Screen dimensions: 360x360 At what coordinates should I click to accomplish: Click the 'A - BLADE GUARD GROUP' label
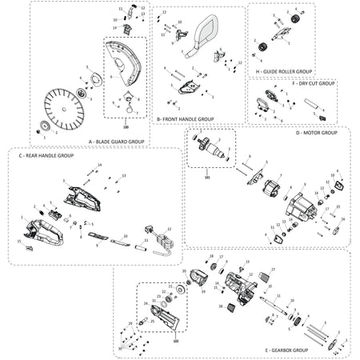point(117,141)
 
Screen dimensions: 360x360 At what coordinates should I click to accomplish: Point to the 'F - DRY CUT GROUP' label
point(317,83)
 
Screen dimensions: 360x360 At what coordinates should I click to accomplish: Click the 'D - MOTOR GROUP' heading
point(317,133)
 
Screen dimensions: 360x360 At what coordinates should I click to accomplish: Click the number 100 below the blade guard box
point(126,126)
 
